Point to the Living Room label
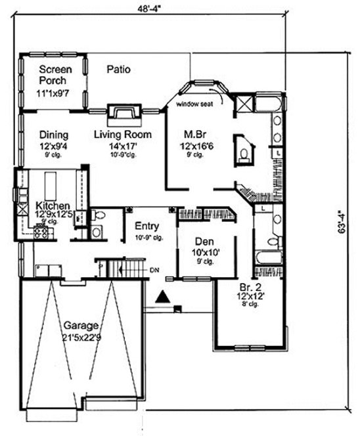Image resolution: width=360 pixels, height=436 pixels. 122,135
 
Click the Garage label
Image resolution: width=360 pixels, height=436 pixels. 81,325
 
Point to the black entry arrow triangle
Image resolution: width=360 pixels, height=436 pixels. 161,298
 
